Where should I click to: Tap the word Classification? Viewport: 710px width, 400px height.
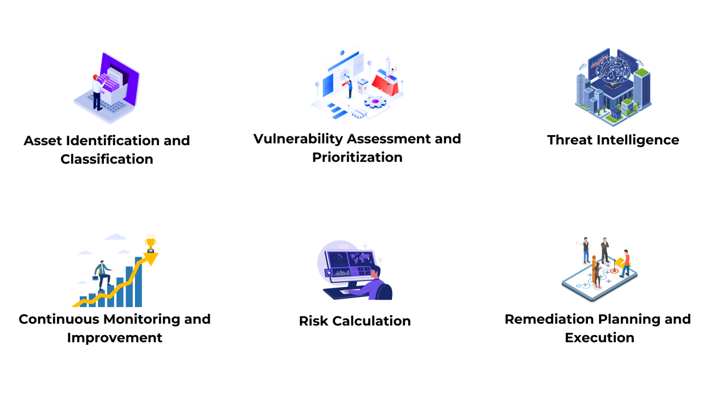click(x=107, y=159)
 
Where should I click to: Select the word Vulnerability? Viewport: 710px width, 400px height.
click(x=298, y=139)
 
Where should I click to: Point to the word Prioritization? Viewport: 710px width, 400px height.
click(x=357, y=157)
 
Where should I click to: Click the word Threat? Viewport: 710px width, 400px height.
click(x=569, y=140)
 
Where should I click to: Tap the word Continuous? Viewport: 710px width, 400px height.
click(x=59, y=319)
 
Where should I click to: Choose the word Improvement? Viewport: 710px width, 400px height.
click(x=115, y=338)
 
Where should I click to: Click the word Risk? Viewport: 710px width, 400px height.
click(x=313, y=321)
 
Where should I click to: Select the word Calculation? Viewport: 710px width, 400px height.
click(x=372, y=321)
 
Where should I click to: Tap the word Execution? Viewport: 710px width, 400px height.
click(x=600, y=337)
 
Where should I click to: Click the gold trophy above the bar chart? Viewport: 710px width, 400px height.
click(x=151, y=244)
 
